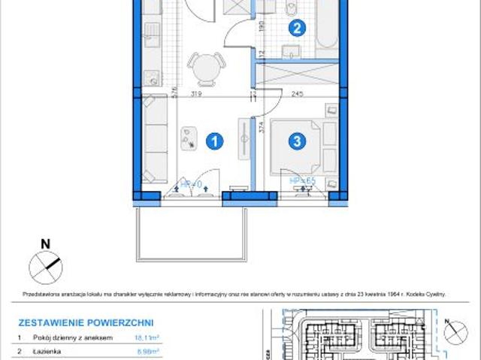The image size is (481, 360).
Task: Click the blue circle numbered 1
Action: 215,140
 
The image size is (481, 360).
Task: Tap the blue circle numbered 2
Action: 298,29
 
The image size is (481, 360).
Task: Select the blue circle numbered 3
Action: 298,140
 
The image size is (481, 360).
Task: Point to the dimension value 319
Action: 195,95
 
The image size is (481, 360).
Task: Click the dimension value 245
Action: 298,95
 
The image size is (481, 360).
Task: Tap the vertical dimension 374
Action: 261,127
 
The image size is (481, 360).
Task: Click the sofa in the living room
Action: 156,144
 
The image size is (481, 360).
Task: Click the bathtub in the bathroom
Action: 327,30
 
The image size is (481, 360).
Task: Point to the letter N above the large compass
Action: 45,244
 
